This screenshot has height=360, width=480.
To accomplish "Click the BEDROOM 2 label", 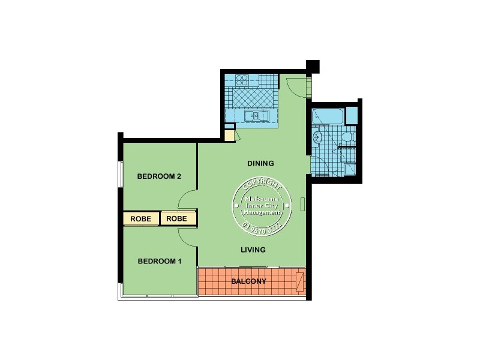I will [x=159, y=176].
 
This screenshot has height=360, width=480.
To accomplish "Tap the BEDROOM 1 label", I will [x=159, y=261].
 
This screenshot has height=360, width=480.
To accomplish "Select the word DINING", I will [x=260, y=163].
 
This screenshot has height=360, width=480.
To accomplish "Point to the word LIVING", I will [x=253, y=250].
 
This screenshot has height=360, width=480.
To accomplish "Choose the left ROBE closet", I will [x=141, y=218].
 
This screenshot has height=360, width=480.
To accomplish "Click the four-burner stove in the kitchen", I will [x=242, y=80].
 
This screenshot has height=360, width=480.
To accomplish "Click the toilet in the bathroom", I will [x=349, y=139].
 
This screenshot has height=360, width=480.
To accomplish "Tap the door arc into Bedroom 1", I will [x=187, y=238].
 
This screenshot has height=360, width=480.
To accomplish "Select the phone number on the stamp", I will [x=262, y=227].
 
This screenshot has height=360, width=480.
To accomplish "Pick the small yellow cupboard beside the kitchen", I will [x=229, y=135].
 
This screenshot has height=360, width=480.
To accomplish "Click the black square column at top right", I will [x=313, y=66].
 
